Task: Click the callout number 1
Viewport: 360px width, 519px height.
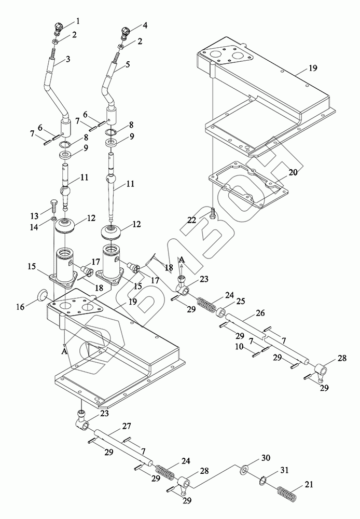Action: click(x=78, y=21)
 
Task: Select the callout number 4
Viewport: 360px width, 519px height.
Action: click(x=145, y=24)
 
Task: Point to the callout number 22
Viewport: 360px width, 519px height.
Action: click(x=192, y=220)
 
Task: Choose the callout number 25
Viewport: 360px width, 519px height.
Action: click(x=226, y=301)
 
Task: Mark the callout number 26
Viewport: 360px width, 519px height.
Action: click(x=259, y=313)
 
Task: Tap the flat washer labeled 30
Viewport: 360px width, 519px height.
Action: click(x=244, y=471)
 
